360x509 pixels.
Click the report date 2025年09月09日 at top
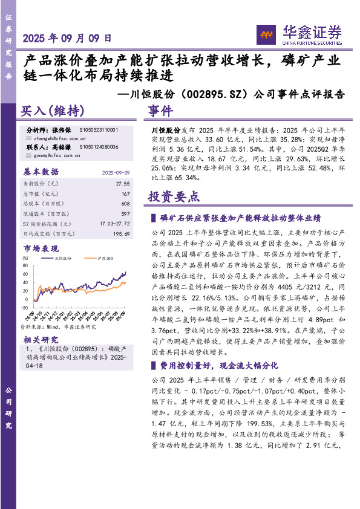[67, 37]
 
